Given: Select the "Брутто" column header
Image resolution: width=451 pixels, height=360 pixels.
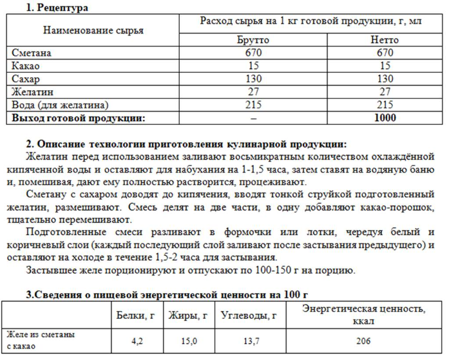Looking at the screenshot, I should click(254, 40).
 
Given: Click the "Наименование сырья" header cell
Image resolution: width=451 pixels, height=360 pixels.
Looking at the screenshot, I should click(93, 30).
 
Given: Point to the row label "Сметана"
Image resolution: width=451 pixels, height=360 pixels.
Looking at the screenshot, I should click(32, 53).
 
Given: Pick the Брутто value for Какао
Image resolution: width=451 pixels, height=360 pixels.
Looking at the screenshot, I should click(254, 66).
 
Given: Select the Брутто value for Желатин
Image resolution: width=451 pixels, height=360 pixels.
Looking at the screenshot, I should click(254, 91).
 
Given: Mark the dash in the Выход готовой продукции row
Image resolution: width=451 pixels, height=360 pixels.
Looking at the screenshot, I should click(254, 118).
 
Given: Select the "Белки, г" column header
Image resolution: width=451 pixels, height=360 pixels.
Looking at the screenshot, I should click(137, 316).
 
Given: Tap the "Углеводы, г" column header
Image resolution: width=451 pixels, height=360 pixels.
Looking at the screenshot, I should click(248, 316).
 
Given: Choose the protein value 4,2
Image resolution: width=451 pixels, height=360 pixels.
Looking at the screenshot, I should click(137, 341).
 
